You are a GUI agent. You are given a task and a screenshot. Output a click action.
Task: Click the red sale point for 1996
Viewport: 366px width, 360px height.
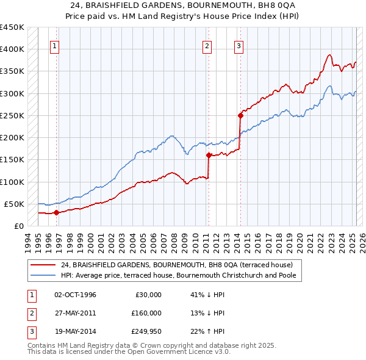point(56,212)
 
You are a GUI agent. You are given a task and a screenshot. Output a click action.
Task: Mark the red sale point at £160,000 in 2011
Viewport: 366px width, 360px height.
point(209,155)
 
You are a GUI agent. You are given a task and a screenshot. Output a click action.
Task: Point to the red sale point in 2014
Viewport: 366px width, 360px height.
point(240,115)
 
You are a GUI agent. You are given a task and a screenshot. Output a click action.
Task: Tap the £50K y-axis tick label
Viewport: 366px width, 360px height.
point(15,204)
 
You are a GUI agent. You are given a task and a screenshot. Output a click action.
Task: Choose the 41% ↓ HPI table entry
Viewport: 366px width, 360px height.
point(207,295)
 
